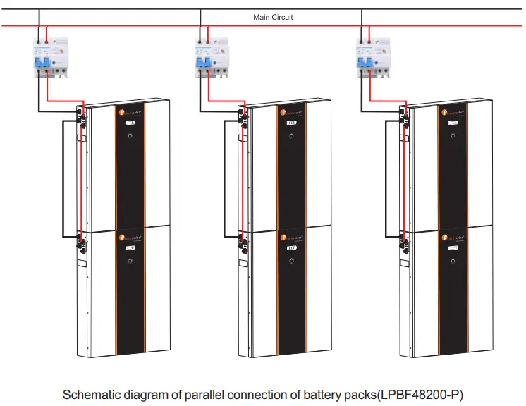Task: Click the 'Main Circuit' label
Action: click(x=273, y=17)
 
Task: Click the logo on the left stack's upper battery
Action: click(x=130, y=111)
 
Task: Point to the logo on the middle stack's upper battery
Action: click(x=291, y=111)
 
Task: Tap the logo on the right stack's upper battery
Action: click(x=453, y=111)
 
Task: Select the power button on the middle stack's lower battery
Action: click(x=291, y=262)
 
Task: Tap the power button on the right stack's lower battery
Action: click(x=453, y=262)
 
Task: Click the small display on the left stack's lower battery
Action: click(x=130, y=248)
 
